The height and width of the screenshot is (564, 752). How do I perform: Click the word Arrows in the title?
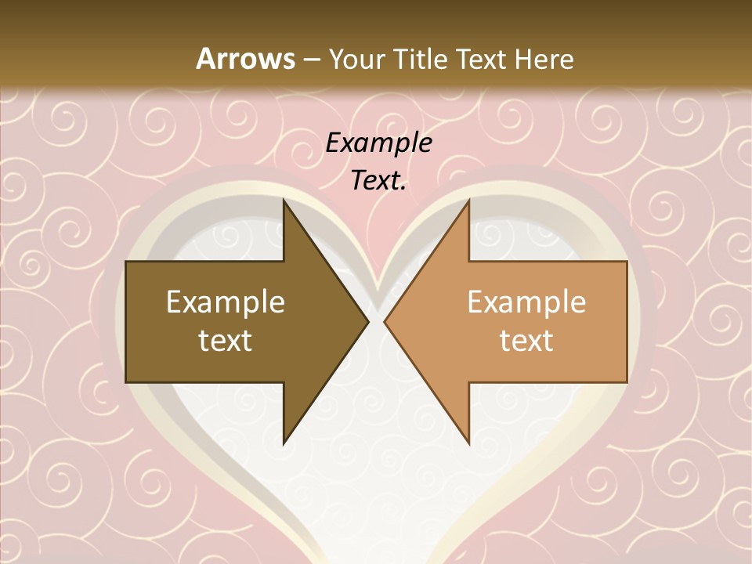click(245, 59)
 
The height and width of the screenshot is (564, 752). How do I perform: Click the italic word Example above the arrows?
click(378, 143)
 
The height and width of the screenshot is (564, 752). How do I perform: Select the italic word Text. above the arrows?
click(378, 181)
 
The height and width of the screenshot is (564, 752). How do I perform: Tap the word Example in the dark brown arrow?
click(226, 302)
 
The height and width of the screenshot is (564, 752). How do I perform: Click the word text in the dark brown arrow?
click(226, 341)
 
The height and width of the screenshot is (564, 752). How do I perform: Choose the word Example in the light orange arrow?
click(526, 302)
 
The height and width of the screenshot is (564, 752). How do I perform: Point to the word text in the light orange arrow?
click(526, 341)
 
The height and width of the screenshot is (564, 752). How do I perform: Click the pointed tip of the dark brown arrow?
click(368, 322)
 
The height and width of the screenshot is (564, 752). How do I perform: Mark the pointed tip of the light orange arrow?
click(385, 322)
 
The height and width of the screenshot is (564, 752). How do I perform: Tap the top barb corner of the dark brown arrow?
click(284, 200)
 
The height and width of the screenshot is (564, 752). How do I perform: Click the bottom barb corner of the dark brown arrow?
click(284, 444)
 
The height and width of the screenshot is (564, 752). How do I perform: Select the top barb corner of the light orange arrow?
click(468, 200)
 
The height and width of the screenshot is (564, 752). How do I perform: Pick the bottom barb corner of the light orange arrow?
click(468, 444)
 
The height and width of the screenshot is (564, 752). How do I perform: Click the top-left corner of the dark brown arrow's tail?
click(126, 262)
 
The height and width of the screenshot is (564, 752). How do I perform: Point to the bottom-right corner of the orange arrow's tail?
click(627, 382)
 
